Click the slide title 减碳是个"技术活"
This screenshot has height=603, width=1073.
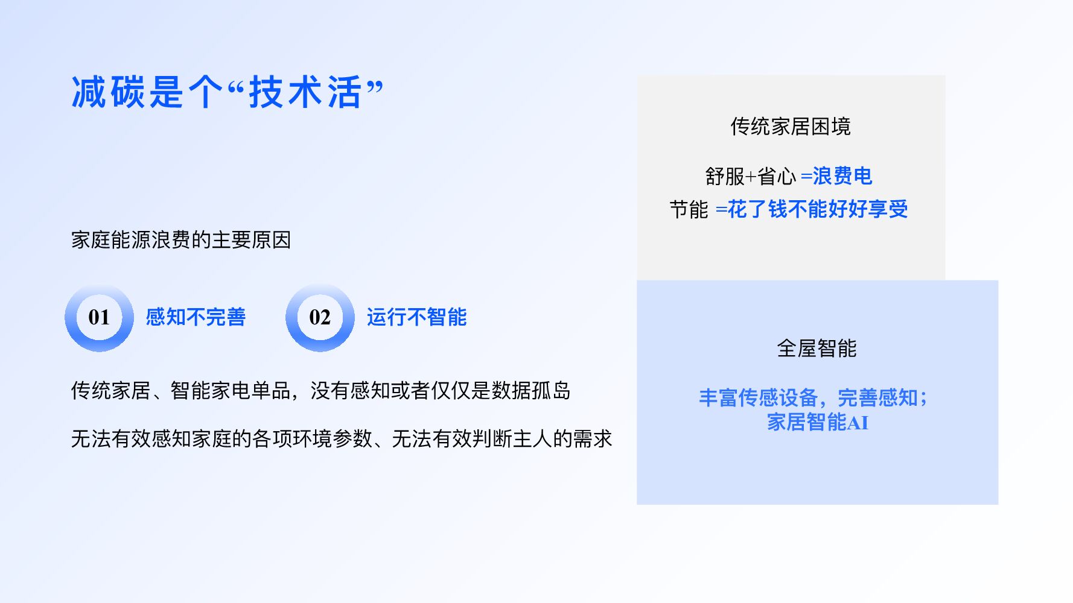[227, 92]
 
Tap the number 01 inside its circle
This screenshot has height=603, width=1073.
[99, 317]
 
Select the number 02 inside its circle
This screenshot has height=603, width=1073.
[320, 317]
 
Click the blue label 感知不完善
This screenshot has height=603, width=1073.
[196, 317]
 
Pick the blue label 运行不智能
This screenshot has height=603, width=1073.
[416, 317]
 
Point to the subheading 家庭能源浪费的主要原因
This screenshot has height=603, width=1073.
[181, 240]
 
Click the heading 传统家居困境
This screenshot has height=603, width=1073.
[791, 127]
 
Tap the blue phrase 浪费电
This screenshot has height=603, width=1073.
[842, 176]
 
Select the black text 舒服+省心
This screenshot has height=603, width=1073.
[751, 177]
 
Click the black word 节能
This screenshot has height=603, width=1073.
[689, 210]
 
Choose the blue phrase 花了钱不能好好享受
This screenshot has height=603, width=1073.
[818, 209]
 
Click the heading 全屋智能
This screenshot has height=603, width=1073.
[817, 349]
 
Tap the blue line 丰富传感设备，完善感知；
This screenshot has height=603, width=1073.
[813, 398]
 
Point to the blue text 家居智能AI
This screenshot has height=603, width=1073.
[817, 423]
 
